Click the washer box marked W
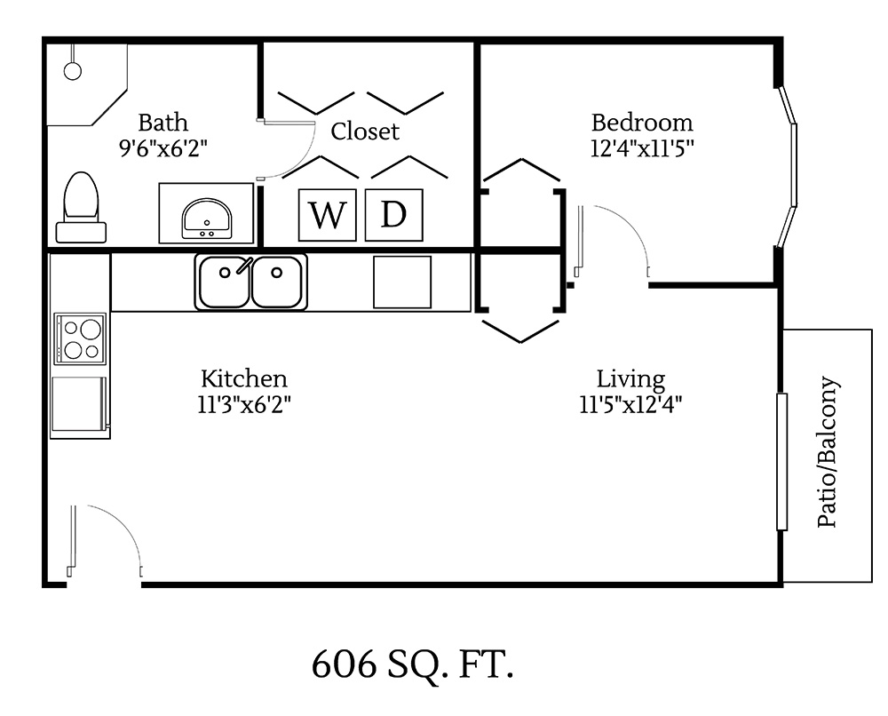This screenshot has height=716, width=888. (x=327, y=215)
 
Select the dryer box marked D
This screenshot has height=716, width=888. (x=393, y=215)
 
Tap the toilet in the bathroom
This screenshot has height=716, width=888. (x=82, y=207)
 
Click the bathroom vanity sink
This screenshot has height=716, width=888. (x=207, y=219)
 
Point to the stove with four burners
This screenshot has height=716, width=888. (x=80, y=338)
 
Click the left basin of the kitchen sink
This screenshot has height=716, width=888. (x=223, y=282)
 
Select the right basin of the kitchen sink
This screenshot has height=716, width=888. (x=277, y=282)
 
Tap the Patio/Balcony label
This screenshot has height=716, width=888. (x=828, y=453)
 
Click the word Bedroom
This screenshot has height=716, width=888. (x=642, y=123)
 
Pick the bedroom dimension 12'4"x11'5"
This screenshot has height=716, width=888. (x=642, y=147)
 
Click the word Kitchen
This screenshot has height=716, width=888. (x=243, y=378)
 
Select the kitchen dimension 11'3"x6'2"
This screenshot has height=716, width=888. (x=244, y=404)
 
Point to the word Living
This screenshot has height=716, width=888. (x=630, y=379)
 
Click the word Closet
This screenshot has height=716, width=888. (x=365, y=131)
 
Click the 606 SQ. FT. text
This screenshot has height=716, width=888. (x=413, y=664)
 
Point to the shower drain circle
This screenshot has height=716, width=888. (x=73, y=69)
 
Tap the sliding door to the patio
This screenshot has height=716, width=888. (x=781, y=462)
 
